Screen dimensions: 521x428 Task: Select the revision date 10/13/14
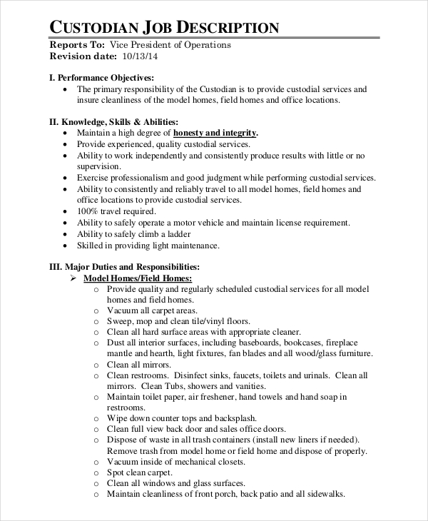click(140, 56)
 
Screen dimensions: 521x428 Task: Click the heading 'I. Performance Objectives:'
click(101, 77)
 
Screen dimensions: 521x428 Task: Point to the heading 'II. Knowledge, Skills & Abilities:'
click(113, 122)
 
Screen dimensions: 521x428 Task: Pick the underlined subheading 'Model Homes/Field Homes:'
click(138, 278)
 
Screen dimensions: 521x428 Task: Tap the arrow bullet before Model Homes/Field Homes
click(73, 278)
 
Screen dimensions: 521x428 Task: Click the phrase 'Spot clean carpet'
click(140, 472)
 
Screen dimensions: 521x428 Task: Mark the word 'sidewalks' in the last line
click(325, 494)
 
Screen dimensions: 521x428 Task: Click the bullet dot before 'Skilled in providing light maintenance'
click(66, 246)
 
